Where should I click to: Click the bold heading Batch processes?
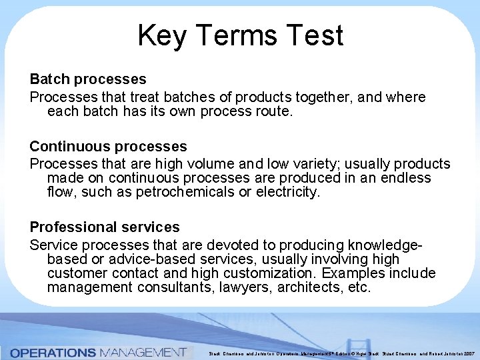tap(88, 80)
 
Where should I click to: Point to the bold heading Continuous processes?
tap(108, 146)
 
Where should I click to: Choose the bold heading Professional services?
tap(105, 227)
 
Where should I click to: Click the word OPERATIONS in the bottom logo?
tap(53, 352)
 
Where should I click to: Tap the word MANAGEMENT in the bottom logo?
tap(142, 352)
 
